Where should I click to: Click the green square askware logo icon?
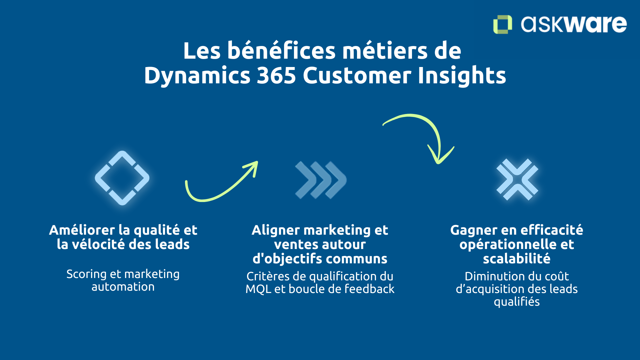tap(502, 24)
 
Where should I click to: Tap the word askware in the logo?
tap(574, 24)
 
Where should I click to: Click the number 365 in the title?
tap(276, 75)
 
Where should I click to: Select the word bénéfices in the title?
tap(282, 51)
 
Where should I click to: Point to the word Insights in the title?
tap(462, 75)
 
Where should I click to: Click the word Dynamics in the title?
tap(197, 75)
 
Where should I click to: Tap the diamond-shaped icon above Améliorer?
tap(122, 178)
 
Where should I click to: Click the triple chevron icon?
tap(321, 180)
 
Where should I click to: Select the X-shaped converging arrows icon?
tap(517, 179)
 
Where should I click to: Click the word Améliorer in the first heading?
tap(82, 230)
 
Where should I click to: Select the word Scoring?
tap(86, 274)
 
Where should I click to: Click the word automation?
tap(123, 287)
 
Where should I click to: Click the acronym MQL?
tap(258, 289)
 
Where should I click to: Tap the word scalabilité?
tap(517, 259)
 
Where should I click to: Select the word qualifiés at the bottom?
tap(517, 302)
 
